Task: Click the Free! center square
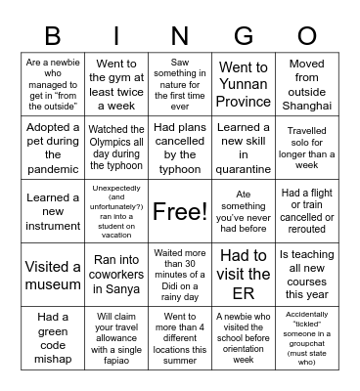(181, 210)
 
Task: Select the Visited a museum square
(53, 275)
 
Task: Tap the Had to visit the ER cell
(245, 275)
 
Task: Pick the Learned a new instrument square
(53, 210)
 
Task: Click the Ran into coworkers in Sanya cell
(116, 275)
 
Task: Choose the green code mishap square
(53, 337)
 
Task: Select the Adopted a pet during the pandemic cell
(53, 148)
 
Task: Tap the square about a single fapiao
(116, 337)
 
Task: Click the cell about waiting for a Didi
(181, 275)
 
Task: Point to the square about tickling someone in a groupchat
(307, 337)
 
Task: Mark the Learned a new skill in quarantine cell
(245, 148)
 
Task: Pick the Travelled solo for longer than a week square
(307, 148)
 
